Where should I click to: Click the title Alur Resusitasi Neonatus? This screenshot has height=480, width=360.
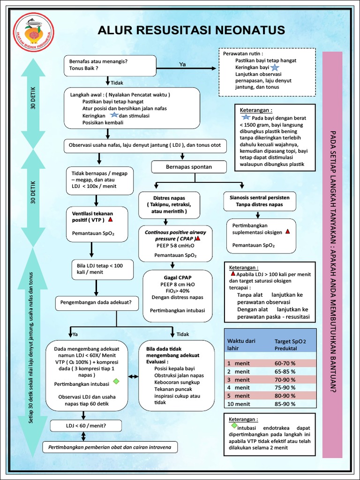tap(191, 30)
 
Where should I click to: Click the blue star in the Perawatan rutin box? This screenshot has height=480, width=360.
tap(275, 67)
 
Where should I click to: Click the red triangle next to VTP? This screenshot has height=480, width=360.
tap(110, 219)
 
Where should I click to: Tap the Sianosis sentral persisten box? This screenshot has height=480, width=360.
tap(260, 201)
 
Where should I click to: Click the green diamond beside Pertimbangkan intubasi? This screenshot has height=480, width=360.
tap(116, 381)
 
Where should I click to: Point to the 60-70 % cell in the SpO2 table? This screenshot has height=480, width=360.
tap(285, 363)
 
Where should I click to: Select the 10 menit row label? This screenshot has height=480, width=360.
tap(238, 404)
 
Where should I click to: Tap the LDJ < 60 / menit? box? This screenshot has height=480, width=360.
tap(83, 426)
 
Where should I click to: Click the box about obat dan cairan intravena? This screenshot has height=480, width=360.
tap(110, 447)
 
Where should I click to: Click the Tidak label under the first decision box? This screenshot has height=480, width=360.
tap(117, 83)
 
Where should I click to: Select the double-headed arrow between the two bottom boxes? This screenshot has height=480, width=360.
tap(134, 376)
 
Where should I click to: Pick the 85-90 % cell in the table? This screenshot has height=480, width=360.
tap(285, 404)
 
